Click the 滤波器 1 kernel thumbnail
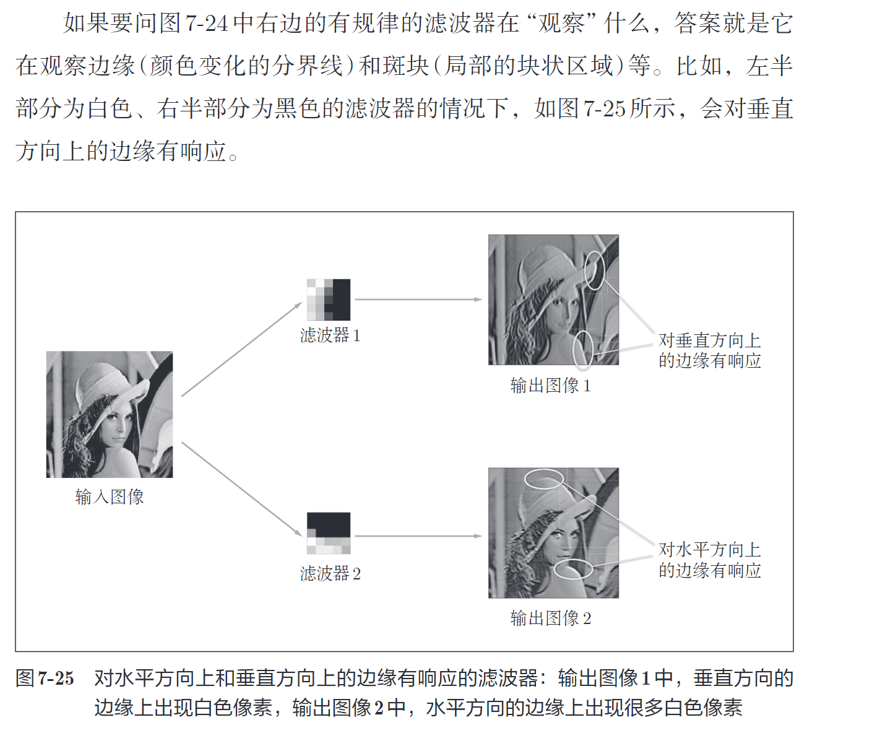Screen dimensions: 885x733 329,300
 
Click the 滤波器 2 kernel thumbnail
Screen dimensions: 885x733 329,533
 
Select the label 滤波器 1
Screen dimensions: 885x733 330,336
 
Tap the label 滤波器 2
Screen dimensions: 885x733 330,574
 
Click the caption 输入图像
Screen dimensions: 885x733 110,497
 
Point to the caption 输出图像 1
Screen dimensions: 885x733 550,386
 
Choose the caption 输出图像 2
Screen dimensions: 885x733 550,618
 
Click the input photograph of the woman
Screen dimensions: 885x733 110,414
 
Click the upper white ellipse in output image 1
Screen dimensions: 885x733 595,270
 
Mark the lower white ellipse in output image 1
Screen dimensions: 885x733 583,350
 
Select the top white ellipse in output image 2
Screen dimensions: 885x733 544,479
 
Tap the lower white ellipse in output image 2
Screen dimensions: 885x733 572,569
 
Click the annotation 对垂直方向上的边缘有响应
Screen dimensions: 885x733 709,350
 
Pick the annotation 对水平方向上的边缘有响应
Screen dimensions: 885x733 709,560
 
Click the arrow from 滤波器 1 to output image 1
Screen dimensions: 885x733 418,300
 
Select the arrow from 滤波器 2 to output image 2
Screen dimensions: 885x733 418,536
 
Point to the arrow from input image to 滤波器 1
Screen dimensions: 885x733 241,349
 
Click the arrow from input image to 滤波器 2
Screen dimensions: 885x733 241,489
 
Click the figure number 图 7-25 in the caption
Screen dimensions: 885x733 45,679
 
